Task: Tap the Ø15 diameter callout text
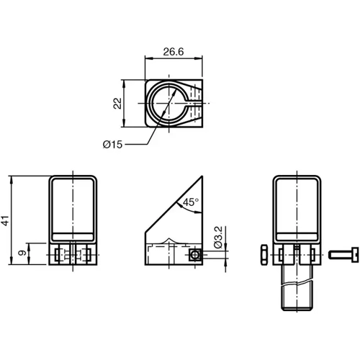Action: pos(113,144)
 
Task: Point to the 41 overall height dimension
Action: pos(5,220)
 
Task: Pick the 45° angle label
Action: pos(189,202)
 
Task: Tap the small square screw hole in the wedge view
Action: pos(193,255)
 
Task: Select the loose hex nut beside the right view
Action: pos(264,254)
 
